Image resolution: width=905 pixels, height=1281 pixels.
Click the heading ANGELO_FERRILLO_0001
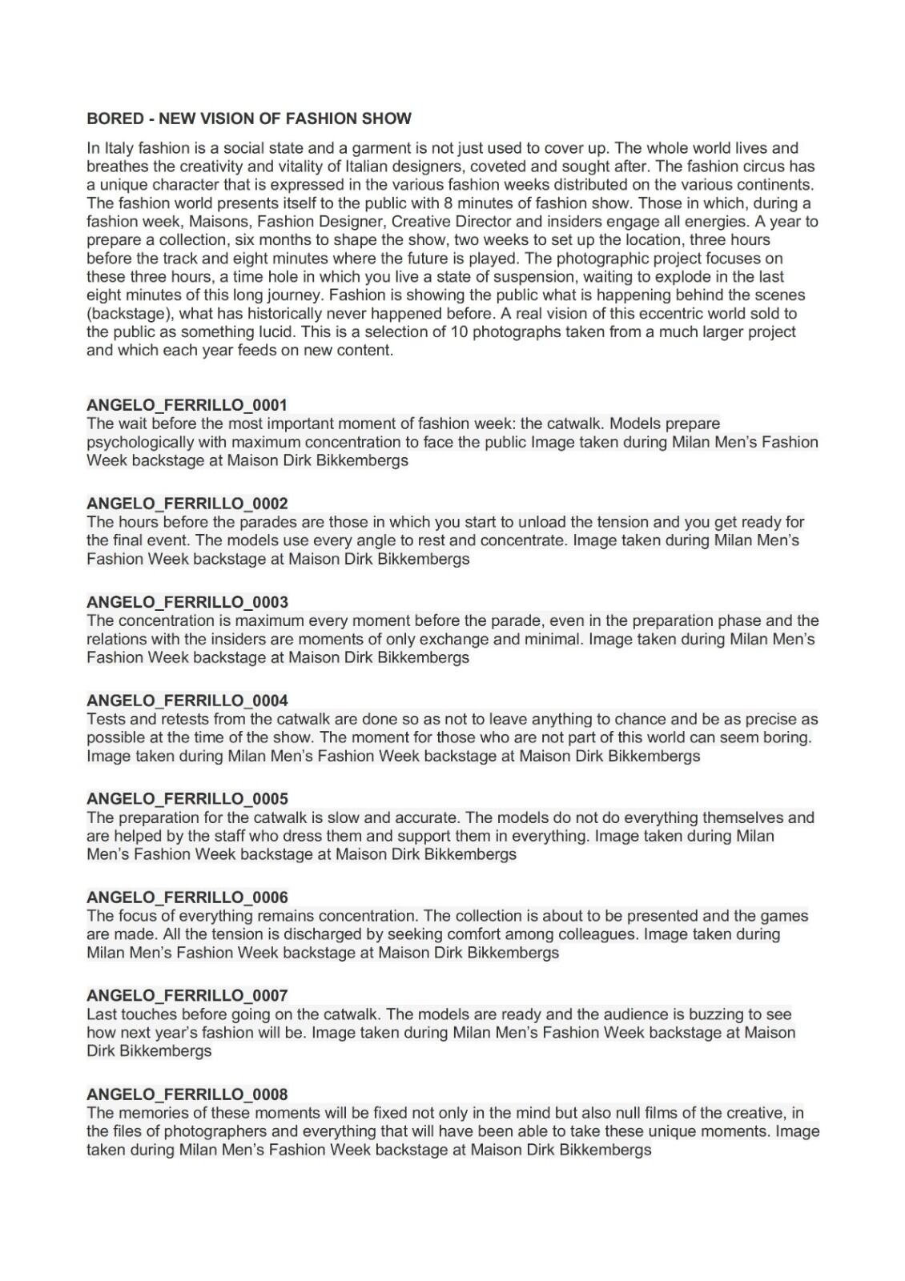coord(187,405)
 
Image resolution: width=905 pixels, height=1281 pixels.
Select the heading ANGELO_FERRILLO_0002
coord(187,504)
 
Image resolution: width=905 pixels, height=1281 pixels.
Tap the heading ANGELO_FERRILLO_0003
coord(187,602)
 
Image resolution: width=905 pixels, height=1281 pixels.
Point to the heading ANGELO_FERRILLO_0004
coord(187,701)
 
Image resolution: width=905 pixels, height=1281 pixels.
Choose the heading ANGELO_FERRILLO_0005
coord(187,799)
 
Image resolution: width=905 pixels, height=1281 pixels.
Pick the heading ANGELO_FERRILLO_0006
coord(187,898)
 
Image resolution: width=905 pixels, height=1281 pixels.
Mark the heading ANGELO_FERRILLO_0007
coord(187,996)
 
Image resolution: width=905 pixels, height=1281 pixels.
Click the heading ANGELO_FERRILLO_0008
coord(187,1094)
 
